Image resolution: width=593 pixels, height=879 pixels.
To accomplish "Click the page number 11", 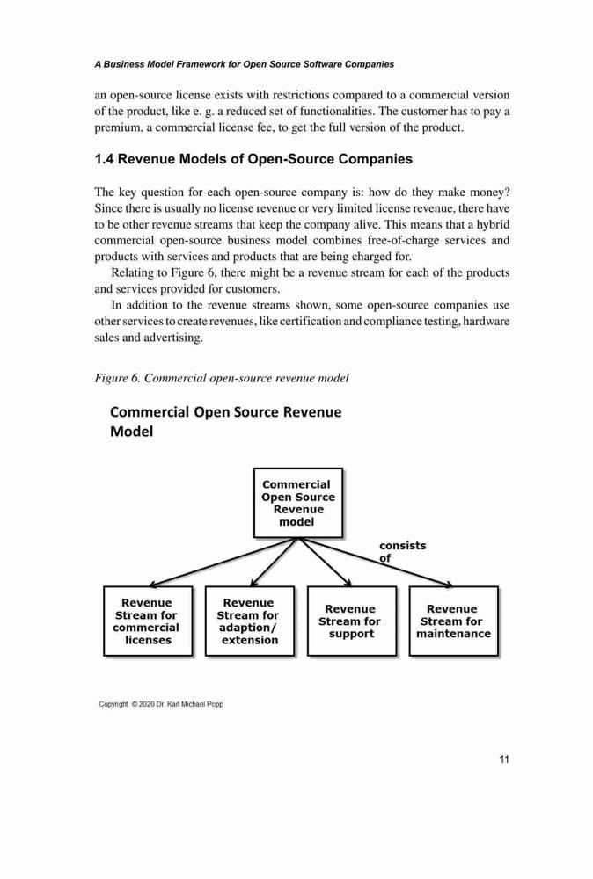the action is click(x=504, y=759).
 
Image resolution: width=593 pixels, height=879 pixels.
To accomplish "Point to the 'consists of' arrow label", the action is click(x=402, y=552).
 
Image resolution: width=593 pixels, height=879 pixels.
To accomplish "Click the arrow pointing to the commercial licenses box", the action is click(x=223, y=563).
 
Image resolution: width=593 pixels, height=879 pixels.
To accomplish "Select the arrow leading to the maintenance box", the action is click(x=376, y=563).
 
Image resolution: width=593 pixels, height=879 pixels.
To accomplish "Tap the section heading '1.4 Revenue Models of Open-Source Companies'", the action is click(x=253, y=159).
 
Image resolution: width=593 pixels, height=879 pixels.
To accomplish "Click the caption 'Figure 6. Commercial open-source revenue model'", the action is click(x=222, y=378).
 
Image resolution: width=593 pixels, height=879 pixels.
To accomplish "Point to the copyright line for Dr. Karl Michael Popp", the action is click(x=161, y=704).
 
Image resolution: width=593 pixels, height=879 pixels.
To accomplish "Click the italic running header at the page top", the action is click(x=244, y=64).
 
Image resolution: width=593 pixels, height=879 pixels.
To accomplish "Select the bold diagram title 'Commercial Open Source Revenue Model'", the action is click(x=225, y=422).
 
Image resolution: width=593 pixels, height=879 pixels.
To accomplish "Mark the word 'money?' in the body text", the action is click(x=490, y=193).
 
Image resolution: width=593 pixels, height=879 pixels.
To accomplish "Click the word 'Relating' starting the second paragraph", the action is click(x=131, y=273).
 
